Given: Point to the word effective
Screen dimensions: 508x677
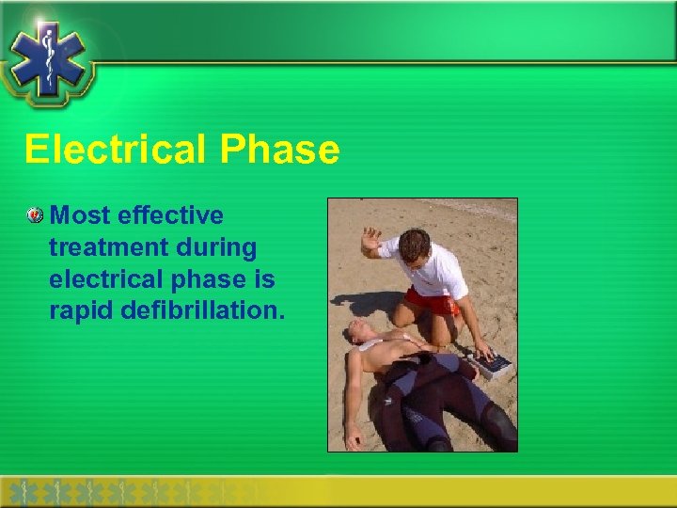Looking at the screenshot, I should [175, 216].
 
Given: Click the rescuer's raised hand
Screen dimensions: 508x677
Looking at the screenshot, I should [370, 240].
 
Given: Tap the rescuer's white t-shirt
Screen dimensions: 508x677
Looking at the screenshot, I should [437, 272].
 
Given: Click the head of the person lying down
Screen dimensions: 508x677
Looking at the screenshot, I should [356, 330].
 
